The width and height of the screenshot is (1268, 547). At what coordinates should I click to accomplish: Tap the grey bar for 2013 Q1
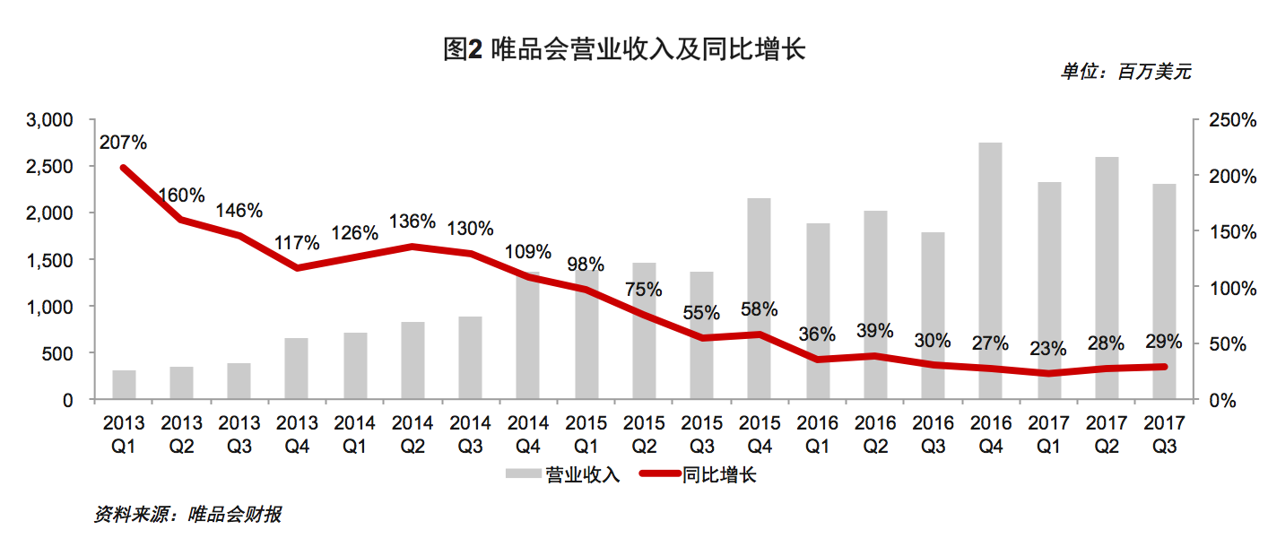click(124, 385)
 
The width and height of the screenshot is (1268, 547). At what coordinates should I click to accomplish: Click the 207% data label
click(124, 142)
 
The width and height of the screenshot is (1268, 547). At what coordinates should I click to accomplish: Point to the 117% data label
click(297, 243)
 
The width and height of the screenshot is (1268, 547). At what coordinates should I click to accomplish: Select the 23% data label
click(1047, 348)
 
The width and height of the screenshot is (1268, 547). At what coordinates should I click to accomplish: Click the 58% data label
click(759, 309)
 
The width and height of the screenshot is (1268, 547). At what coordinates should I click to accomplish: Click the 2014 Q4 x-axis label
click(527, 433)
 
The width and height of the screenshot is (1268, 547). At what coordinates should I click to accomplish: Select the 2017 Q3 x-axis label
click(1163, 433)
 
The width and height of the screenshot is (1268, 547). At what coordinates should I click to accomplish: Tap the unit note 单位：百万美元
click(1125, 73)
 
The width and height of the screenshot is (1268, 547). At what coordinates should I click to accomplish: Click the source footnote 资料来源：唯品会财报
click(187, 515)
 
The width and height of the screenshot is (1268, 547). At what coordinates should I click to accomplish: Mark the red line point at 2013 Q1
click(124, 168)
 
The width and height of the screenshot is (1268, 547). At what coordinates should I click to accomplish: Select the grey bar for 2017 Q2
click(1106, 278)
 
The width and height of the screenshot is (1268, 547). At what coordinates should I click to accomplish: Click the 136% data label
click(413, 221)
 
